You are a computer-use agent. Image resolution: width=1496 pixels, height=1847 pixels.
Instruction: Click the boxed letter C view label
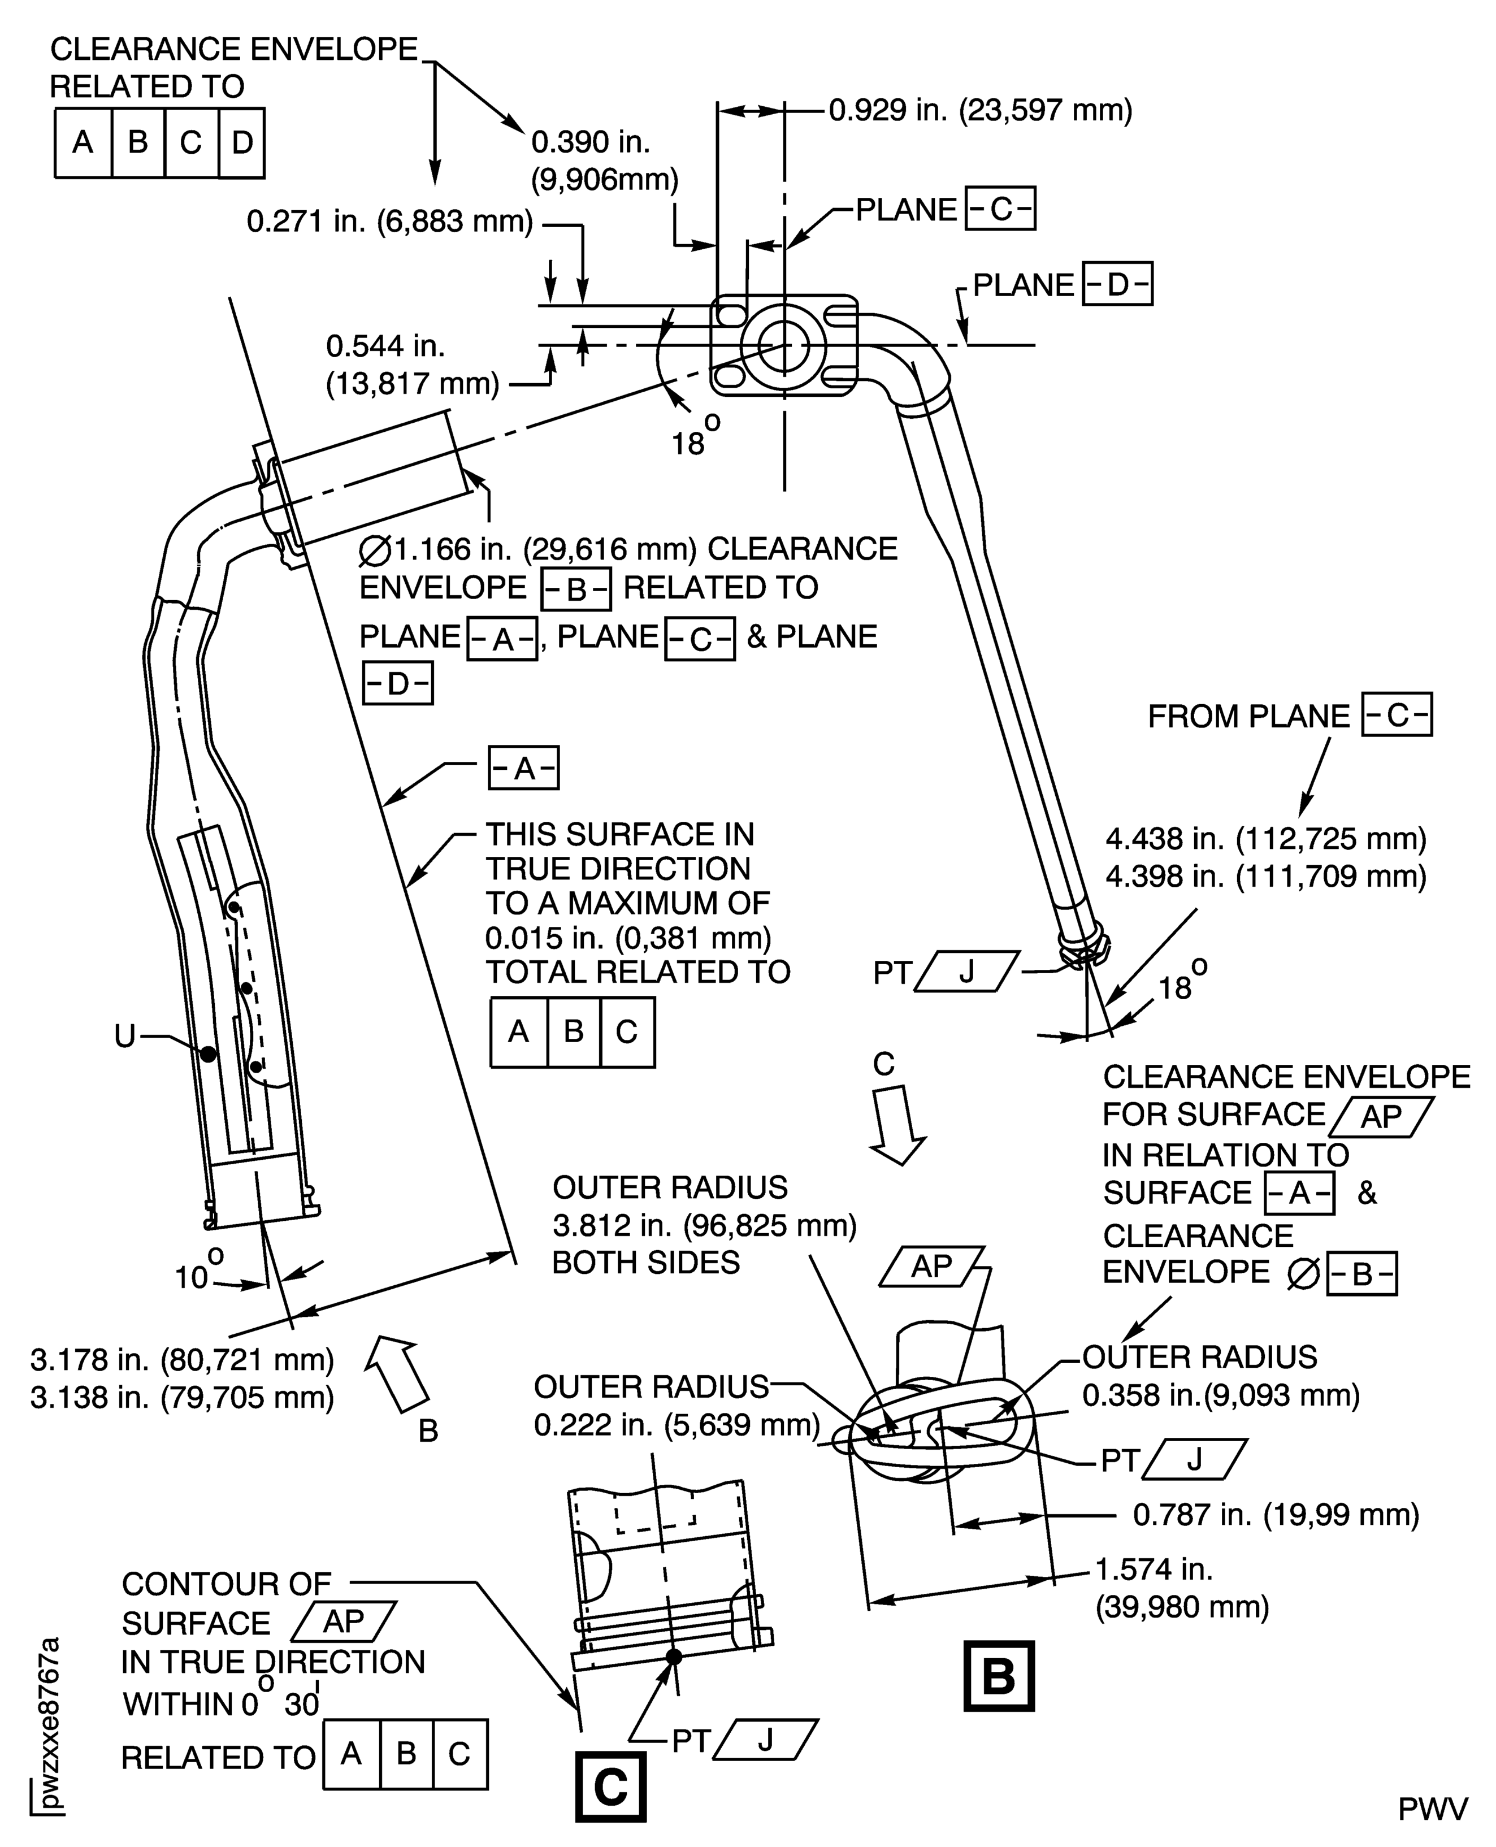(610, 1787)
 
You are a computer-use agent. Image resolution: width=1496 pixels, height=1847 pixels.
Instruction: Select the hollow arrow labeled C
(896, 1125)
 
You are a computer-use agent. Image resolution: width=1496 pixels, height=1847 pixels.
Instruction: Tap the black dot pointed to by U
(207, 1053)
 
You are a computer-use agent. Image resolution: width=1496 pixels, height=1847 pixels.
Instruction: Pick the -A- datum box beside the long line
(523, 768)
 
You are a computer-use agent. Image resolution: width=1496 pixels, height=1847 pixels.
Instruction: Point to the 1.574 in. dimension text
(1153, 1569)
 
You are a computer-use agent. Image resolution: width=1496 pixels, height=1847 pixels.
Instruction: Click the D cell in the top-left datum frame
(241, 142)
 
